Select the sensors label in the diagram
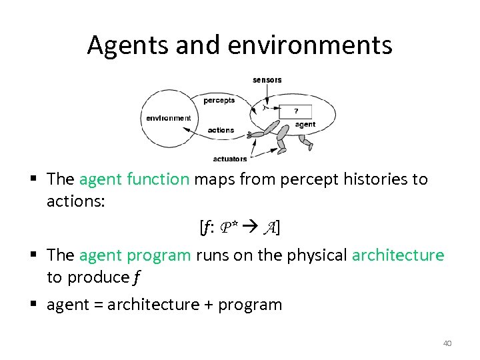point(267,80)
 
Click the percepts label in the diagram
point(219,101)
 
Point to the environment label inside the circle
point(169,118)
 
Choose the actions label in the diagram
point(221,130)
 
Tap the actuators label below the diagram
point(230,159)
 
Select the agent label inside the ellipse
point(305,125)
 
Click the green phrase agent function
point(134,179)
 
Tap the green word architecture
point(397,255)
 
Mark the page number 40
point(447,343)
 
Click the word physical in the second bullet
point(317,255)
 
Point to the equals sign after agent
point(97,305)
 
